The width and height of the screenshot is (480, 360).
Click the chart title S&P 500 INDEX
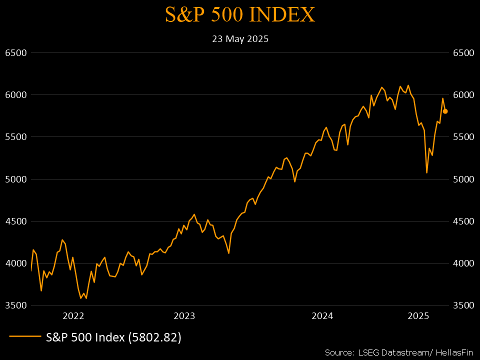(240, 15)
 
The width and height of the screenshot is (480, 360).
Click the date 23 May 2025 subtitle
(240, 39)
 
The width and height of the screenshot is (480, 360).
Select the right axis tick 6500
(463, 52)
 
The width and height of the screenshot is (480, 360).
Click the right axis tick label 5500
(463, 137)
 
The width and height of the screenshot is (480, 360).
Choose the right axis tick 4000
(463, 263)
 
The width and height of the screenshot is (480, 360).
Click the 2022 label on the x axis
(73, 316)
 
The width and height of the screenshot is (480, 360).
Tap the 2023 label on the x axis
(184, 316)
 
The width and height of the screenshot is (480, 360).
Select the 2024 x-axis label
(322, 316)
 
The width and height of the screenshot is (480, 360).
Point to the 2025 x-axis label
(418, 316)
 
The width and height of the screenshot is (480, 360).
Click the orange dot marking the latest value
(445, 111)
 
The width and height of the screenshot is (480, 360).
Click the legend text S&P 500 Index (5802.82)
(113, 337)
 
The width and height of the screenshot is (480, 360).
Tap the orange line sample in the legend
(24, 337)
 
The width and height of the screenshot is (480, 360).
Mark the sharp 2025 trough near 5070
(426, 173)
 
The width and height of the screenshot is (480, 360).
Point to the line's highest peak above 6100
(408, 85)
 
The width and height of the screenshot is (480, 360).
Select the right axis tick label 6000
(463, 95)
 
